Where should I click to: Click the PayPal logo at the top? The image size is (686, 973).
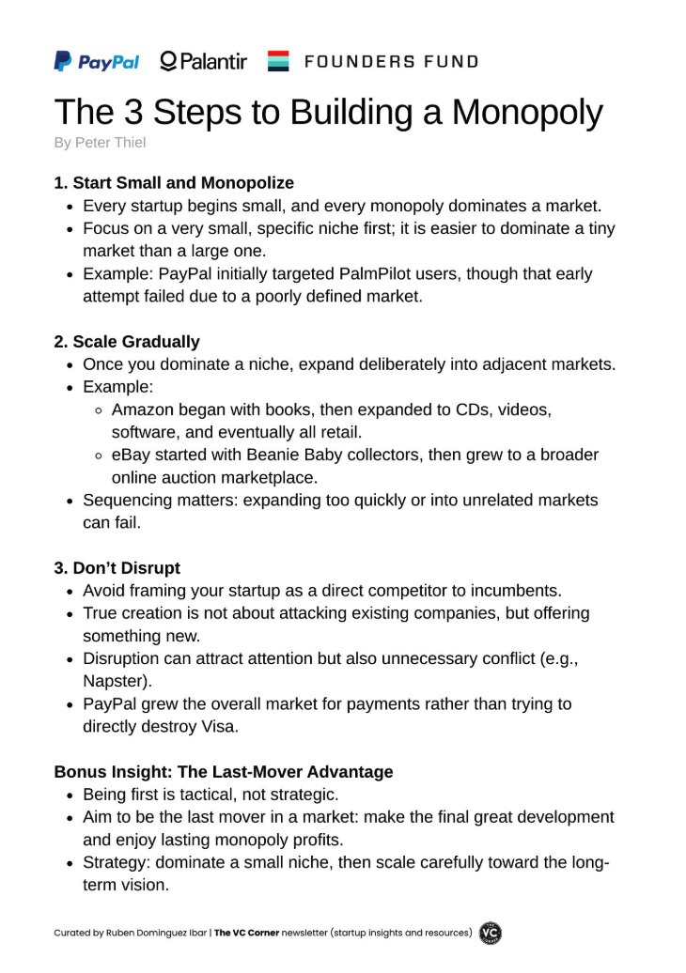click(x=97, y=62)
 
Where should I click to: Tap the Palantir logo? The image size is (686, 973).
click(x=204, y=62)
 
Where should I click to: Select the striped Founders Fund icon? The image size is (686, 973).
click(x=278, y=62)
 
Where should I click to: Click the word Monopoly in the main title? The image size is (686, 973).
click(x=527, y=113)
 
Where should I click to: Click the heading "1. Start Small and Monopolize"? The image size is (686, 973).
click(x=174, y=182)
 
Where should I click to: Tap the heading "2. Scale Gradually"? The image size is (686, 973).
click(x=127, y=342)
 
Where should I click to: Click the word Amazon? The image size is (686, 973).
click(x=142, y=409)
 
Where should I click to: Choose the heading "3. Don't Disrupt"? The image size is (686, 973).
click(x=117, y=568)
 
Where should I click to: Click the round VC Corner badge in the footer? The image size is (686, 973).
click(x=491, y=933)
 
